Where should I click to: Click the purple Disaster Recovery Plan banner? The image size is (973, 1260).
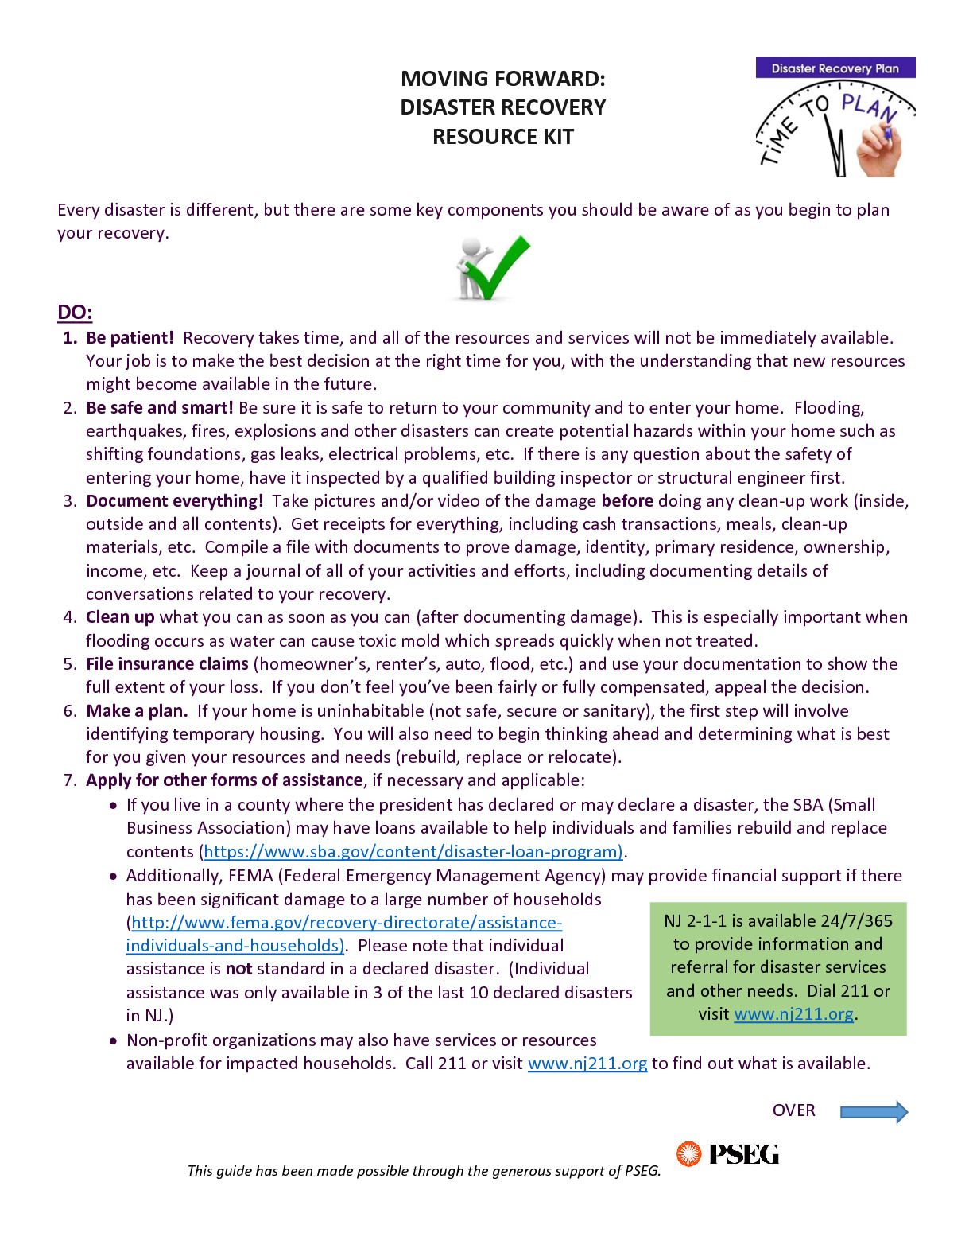pos(835,68)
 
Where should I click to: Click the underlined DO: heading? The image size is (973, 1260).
pos(75,312)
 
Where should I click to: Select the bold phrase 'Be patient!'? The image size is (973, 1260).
pos(130,338)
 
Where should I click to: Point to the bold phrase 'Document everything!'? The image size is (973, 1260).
pos(174,501)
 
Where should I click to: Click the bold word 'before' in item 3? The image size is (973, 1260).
pos(627,501)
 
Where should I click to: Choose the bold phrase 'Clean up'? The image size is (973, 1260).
pos(120,617)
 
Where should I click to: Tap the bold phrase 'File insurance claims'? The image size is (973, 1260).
pos(167,664)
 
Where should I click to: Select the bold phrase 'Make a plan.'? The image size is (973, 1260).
pos(137,711)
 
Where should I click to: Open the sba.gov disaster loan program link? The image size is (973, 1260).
pos(413,852)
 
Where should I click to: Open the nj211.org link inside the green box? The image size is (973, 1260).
pos(793,1014)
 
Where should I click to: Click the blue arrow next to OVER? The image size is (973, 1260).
pos(873,1111)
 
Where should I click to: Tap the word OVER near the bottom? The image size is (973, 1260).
pos(793,1110)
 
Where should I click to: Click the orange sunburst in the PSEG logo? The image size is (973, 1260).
pos(688,1154)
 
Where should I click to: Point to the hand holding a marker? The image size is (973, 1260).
pos(879,150)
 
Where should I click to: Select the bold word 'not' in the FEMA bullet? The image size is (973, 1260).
pos(238,969)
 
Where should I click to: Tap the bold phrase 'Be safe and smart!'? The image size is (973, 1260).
pos(159,408)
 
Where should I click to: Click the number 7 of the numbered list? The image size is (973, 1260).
pos(68,780)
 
